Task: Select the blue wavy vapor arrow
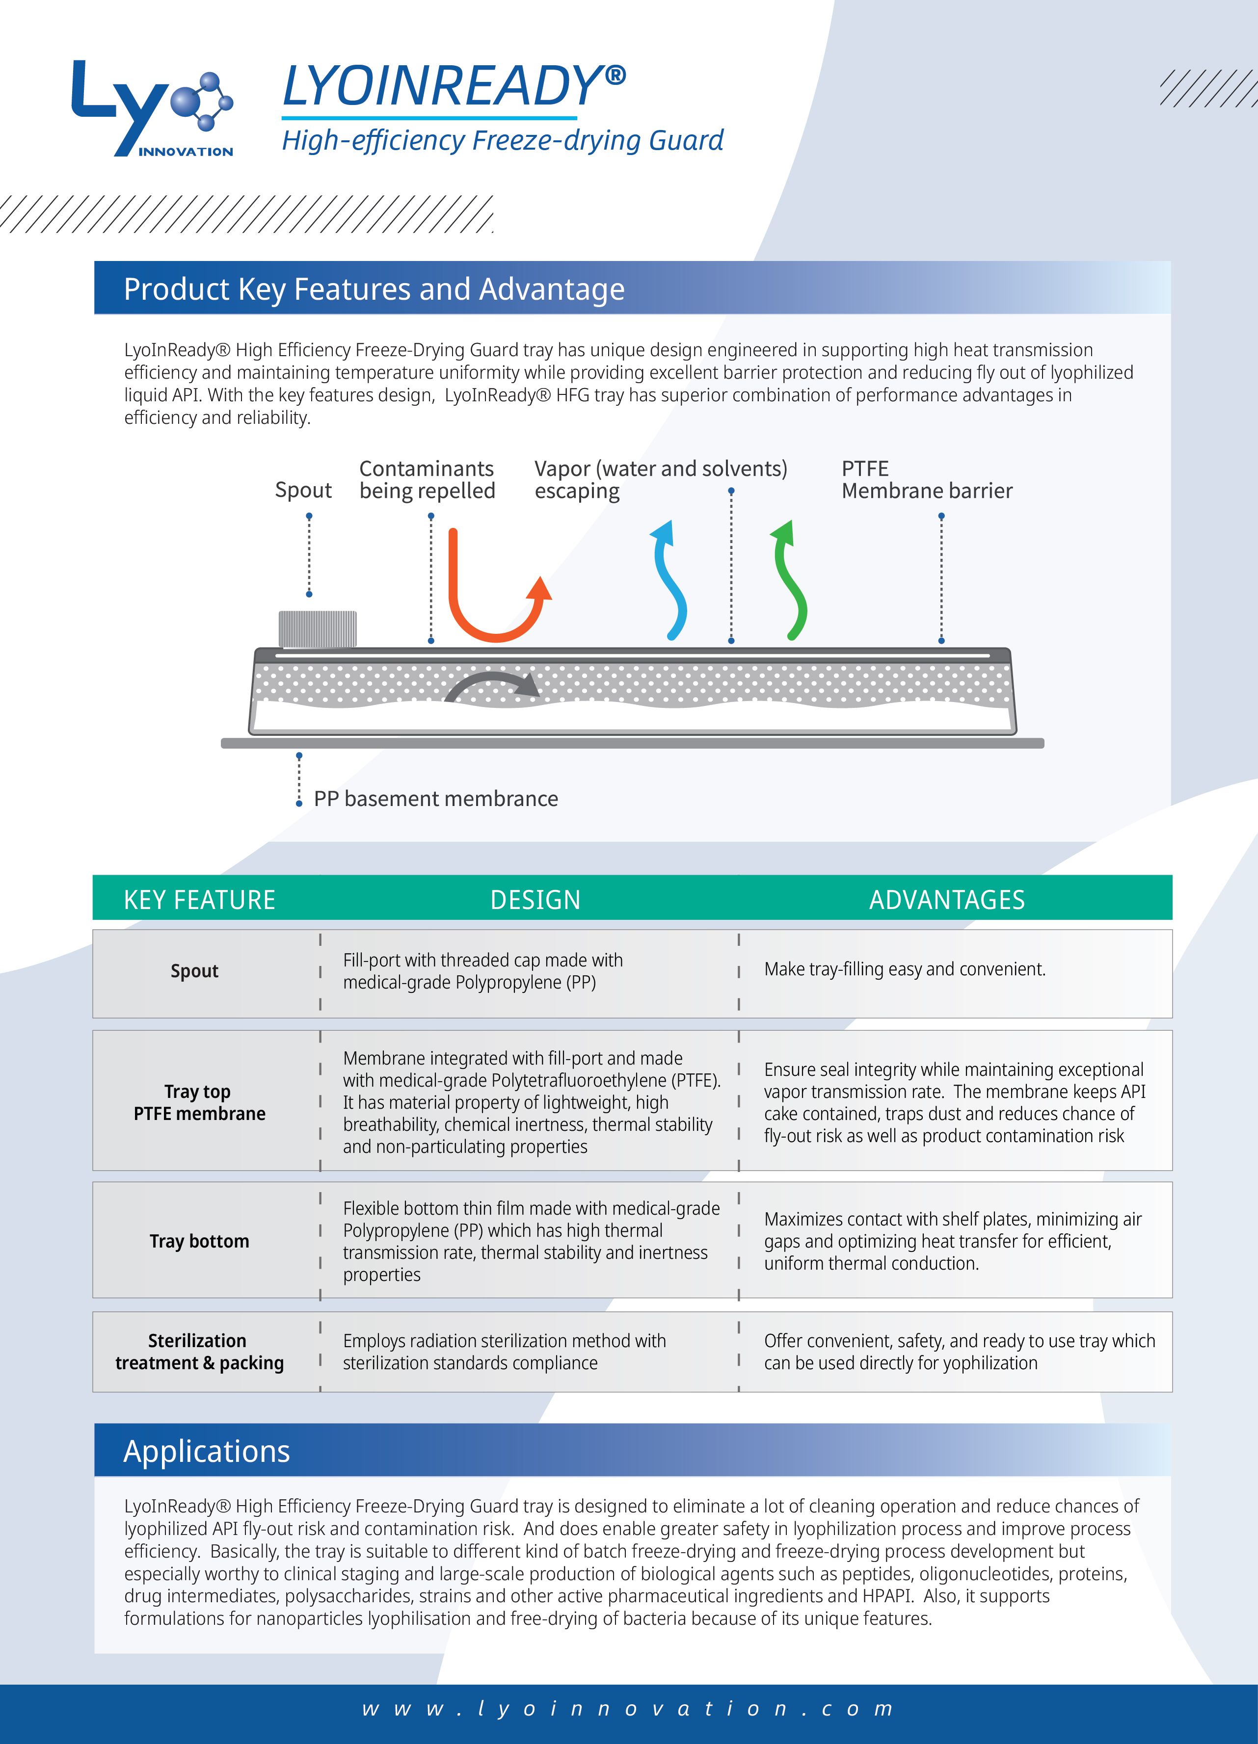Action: click(x=669, y=580)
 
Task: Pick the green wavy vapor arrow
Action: click(x=790, y=580)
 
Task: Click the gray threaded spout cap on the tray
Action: click(x=317, y=629)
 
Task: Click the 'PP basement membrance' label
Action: click(x=435, y=799)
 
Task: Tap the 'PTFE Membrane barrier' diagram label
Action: click(x=926, y=480)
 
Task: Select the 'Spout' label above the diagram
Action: click(x=303, y=491)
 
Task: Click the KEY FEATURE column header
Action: click(x=199, y=900)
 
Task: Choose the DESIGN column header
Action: click(x=535, y=900)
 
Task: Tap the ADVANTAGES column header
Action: click(x=946, y=900)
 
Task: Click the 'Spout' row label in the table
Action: click(x=195, y=971)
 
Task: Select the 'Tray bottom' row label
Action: click(x=199, y=1241)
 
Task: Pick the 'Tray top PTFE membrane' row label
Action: click(x=199, y=1103)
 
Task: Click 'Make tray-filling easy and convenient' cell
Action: click(x=905, y=970)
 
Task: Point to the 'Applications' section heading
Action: click(x=206, y=1452)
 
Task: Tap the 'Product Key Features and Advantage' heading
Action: click(x=374, y=289)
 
